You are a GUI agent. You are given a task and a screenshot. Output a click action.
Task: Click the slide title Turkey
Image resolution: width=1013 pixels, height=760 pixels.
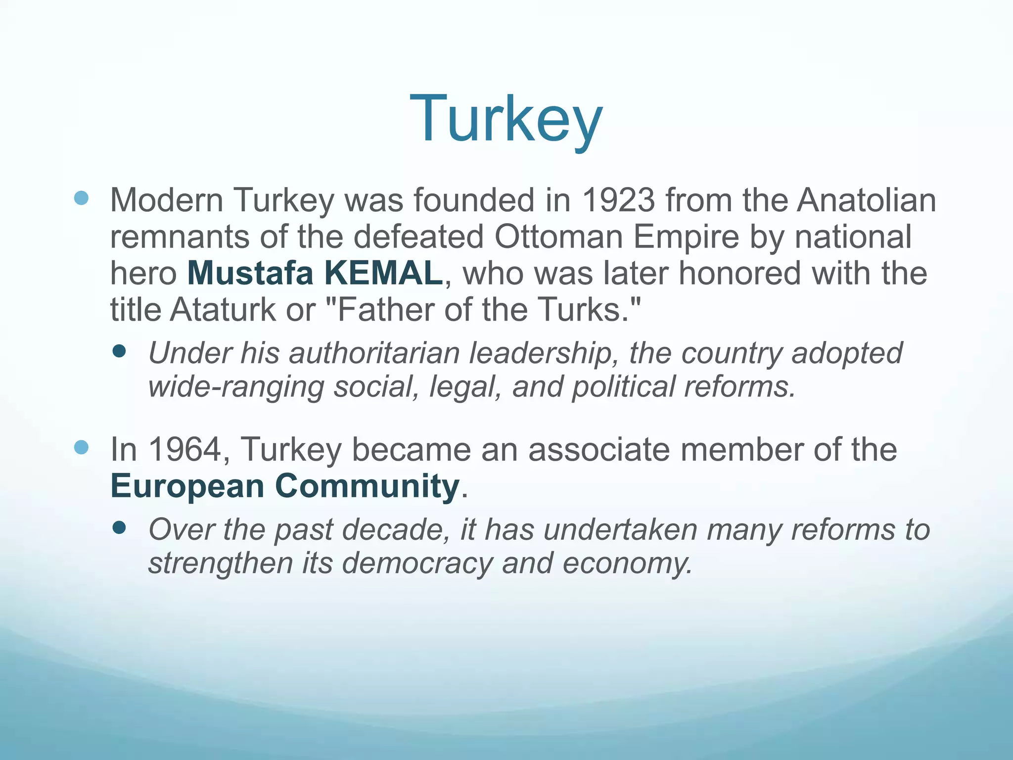click(506, 120)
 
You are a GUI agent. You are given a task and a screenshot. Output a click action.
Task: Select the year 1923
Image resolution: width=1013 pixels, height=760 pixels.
click(618, 200)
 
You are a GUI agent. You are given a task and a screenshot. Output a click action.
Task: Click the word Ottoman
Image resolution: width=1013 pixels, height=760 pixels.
click(558, 237)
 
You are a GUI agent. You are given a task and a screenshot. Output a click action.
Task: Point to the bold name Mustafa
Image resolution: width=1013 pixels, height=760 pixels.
click(250, 273)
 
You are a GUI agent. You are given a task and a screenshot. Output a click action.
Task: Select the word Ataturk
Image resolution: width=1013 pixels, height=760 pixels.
click(223, 310)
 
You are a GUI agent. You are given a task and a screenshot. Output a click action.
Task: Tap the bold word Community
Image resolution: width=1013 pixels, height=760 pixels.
click(367, 486)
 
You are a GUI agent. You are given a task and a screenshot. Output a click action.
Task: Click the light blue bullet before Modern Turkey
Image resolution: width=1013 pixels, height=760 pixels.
click(81, 198)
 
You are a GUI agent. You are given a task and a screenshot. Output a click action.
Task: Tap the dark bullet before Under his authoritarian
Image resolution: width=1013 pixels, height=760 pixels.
click(119, 351)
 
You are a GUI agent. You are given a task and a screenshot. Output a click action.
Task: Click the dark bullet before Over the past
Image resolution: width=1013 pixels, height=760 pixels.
click(119, 527)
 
